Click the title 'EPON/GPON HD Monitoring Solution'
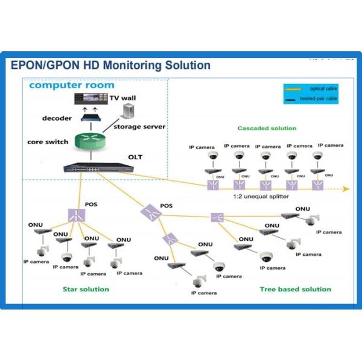coord(110,65)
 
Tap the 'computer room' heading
coord(71,85)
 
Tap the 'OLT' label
coord(135,158)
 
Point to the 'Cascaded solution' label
coord(267,128)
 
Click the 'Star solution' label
coord(86,289)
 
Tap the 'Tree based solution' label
coord(295,289)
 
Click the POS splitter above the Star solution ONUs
coord(75,214)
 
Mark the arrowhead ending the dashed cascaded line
coord(346,189)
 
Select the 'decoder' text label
coord(57,118)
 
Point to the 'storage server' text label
coord(141,127)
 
